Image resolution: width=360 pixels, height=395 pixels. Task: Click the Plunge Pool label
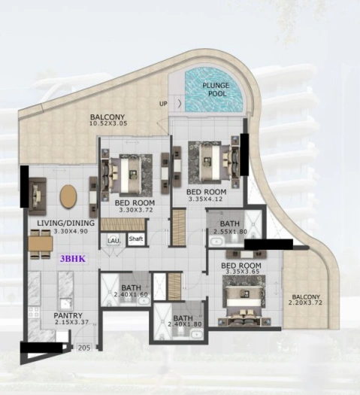coord(216,90)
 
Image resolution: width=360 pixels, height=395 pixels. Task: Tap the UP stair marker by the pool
coord(163,104)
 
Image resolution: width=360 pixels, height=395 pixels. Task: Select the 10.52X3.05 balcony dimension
coord(108,123)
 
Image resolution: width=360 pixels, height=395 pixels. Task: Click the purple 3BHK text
coord(73,259)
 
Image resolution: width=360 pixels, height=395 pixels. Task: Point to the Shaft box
coord(136,239)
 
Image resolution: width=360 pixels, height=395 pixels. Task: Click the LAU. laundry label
coord(114,241)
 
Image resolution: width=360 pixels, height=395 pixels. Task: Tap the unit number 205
coord(84,348)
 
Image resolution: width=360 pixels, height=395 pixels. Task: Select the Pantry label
coord(68,315)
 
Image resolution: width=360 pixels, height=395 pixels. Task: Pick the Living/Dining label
coord(66,223)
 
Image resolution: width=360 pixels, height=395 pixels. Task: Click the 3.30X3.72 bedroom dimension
coord(136,210)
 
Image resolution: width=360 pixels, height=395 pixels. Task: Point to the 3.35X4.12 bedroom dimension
coord(205,199)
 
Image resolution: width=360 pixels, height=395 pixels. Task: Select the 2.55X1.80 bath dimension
coord(230,232)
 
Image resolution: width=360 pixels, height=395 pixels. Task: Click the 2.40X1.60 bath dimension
coord(131,294)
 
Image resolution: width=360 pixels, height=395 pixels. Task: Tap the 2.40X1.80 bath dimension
coord(185,324)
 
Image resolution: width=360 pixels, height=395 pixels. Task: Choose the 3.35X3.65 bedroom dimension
coord(243,272)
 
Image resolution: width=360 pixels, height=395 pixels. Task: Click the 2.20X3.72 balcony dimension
coord(305,302)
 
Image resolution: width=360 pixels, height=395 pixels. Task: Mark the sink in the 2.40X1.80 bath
coord(196,335)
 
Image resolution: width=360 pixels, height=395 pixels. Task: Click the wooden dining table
coord(41,244)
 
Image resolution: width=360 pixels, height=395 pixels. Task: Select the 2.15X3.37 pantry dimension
coord(71,322)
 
